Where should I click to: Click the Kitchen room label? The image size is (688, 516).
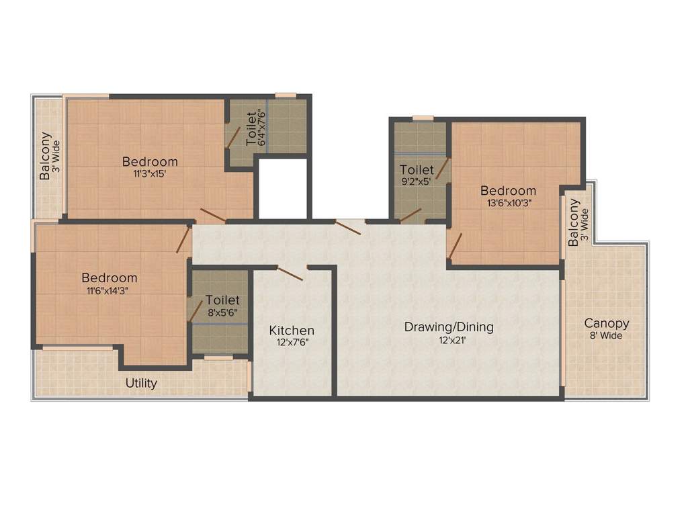pos(292,331)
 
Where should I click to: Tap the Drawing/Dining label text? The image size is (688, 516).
pos(449,327)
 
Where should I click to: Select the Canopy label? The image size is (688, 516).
pos(606,323)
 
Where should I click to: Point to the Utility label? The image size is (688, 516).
pos(142,383)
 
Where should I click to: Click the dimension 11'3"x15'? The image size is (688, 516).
pos(150,173)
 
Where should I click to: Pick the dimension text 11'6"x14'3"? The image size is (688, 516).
pos(110,290)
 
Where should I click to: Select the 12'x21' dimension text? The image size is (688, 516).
pos(449,340)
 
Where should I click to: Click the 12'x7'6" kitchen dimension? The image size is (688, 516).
pos(292,342)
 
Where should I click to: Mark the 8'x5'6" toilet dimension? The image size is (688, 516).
pos(222,312)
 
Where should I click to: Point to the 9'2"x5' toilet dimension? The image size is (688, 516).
pos(417,181)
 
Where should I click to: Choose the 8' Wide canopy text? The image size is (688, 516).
pos(606,335)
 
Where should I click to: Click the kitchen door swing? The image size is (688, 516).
pos(290,272)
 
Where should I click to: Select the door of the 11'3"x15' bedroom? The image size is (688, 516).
pos(212,215)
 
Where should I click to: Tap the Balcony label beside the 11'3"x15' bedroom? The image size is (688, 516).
pos(45,156)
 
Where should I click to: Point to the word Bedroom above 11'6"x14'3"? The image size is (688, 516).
pos(110,277)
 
